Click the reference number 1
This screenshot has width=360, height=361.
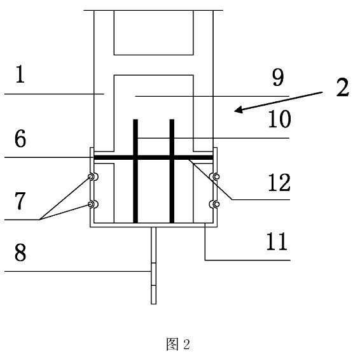click(20, 74)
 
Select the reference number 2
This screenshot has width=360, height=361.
click(343, 87)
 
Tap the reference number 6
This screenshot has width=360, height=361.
click(20, 138)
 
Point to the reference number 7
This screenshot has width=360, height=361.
click(20, 201)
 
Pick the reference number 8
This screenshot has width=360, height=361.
click(20, 252)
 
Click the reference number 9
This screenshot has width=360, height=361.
click(278, 78)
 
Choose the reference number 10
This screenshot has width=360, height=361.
click(279, 119)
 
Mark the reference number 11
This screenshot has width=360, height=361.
click(277, 241)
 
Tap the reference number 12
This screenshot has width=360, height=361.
click(279, 182)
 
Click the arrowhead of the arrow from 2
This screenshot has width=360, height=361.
click(238, 110)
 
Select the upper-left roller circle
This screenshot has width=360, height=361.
click(91, 177)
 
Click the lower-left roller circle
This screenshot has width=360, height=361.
click(91, 204)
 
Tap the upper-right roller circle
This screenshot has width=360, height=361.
click(216, 177)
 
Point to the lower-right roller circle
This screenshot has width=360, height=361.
click(216, 204)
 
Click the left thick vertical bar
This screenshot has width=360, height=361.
click(135, 171)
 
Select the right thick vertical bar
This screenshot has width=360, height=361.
click(172, 171)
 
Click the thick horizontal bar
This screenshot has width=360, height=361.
click(153, 158)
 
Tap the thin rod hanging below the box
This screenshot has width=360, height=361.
click(153, 265)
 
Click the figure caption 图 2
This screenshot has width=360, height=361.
click(178, 344)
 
